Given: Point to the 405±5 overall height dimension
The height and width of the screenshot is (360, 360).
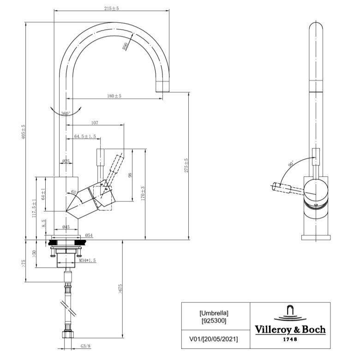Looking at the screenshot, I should click(x=23, y=132).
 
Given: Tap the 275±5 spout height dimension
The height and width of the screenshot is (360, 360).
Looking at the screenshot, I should click(x=186, y=165).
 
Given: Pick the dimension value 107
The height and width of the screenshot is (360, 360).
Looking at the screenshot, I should click(x=95, y=123).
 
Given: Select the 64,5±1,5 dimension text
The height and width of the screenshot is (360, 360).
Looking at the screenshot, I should click(x=85, y=137).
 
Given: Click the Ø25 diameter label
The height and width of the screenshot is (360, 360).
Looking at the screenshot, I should click(x=66, y=161).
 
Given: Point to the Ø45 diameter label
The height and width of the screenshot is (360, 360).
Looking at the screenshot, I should click(x=66, y=227).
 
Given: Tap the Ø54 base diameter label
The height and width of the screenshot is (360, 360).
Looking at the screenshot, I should click(x=89, y=235).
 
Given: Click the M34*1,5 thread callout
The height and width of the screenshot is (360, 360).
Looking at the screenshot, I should click(x=87, y=261).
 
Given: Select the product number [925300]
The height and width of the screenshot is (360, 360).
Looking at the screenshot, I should click(x=214, y=320).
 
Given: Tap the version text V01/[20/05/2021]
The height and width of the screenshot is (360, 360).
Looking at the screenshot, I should click(x=214, y=339).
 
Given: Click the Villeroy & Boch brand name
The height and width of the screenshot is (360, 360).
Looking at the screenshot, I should click(x=290, y=330).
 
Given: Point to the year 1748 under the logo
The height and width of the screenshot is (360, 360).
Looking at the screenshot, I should click(x=290, y=339).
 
